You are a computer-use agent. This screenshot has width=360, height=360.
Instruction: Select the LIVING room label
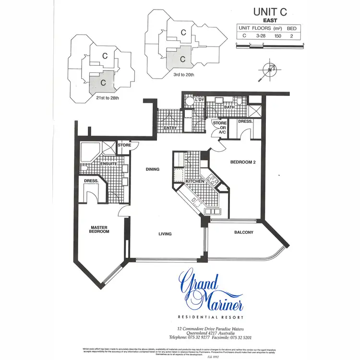pyautogui.click(x=165, y=234)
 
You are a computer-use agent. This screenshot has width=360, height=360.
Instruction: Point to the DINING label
pyautogui.click(x=153, y=169)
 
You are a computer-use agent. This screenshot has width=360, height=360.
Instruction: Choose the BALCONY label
pyautogui.click(x=243, y=233)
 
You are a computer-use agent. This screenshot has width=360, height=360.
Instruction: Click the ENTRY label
pyautogui.click(x=170, y=128)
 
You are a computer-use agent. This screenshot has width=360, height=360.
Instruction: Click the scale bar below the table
pyautogui.click(x=270, y=44)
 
